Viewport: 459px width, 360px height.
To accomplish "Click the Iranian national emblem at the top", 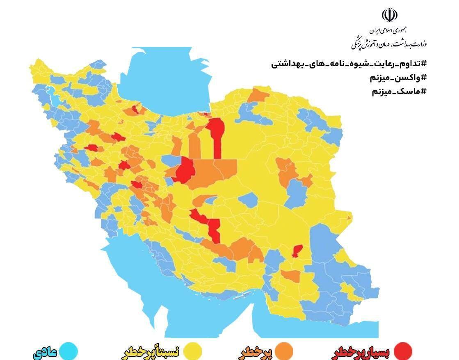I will (x=389, y=15).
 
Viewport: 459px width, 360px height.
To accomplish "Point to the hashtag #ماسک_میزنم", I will (x=400, y=91).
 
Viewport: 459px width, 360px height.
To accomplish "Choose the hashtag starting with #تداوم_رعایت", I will (x=349, y=64).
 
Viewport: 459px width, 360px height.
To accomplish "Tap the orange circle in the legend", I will (x=283, y=351).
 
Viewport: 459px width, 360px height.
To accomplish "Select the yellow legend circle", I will (x=192, y=351).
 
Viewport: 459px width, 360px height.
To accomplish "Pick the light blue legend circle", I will (x=68, y=351).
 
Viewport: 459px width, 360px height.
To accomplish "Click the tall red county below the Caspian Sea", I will (x=216, y=135).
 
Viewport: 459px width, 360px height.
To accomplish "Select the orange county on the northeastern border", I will (x=258, y=95).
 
